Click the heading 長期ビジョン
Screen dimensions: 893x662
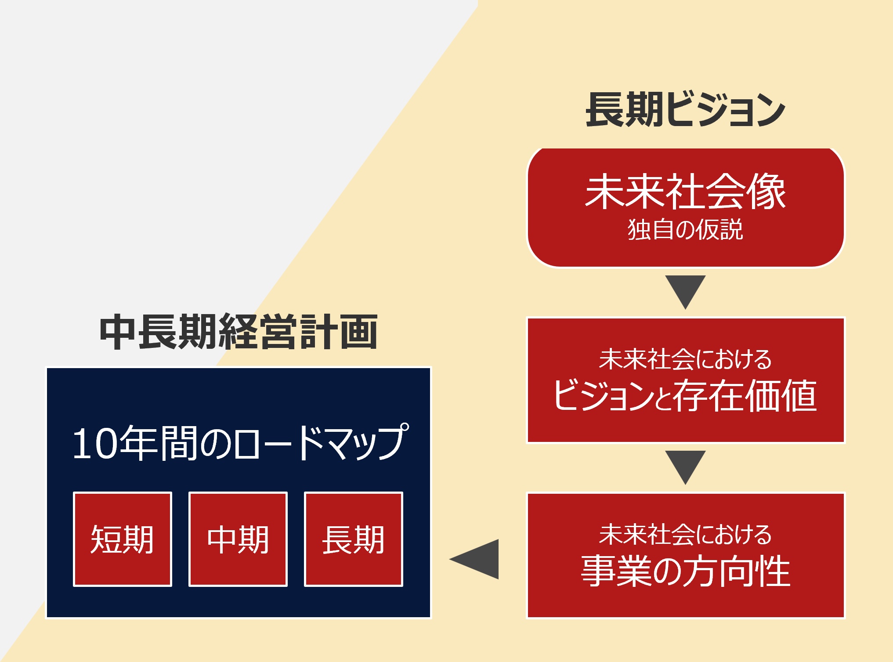coord(685,110)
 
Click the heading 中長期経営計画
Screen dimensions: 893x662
coord(239,332)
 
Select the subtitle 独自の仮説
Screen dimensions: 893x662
coord(685,229)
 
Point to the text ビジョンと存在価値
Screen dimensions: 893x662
coord(685,395)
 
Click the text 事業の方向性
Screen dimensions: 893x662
coord(686,571)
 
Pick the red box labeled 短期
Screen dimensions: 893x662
coord(123,539)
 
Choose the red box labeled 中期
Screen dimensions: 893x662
coord(238,539)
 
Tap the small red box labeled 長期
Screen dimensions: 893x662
coord(354,539)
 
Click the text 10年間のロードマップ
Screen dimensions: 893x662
coord(241,442)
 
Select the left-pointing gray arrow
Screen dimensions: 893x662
coord(474,559)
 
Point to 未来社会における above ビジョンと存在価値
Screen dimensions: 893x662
coord(685,359)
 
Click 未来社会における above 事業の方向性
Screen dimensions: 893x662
coord(685,534)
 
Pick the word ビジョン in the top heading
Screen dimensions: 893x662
coord(726,110)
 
